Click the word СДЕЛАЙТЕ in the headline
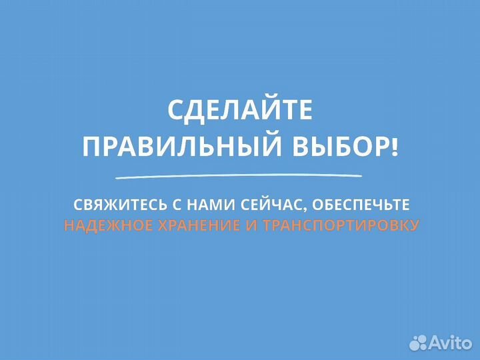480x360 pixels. point(240,111)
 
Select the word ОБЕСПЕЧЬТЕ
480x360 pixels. point(353,202)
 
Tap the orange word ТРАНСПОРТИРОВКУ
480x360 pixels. point(341,225)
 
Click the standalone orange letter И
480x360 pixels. point(251,225)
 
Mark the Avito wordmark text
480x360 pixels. point(449,343)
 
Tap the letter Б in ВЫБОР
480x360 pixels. point(334,146)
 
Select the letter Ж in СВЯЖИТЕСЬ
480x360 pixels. point(112,202)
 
